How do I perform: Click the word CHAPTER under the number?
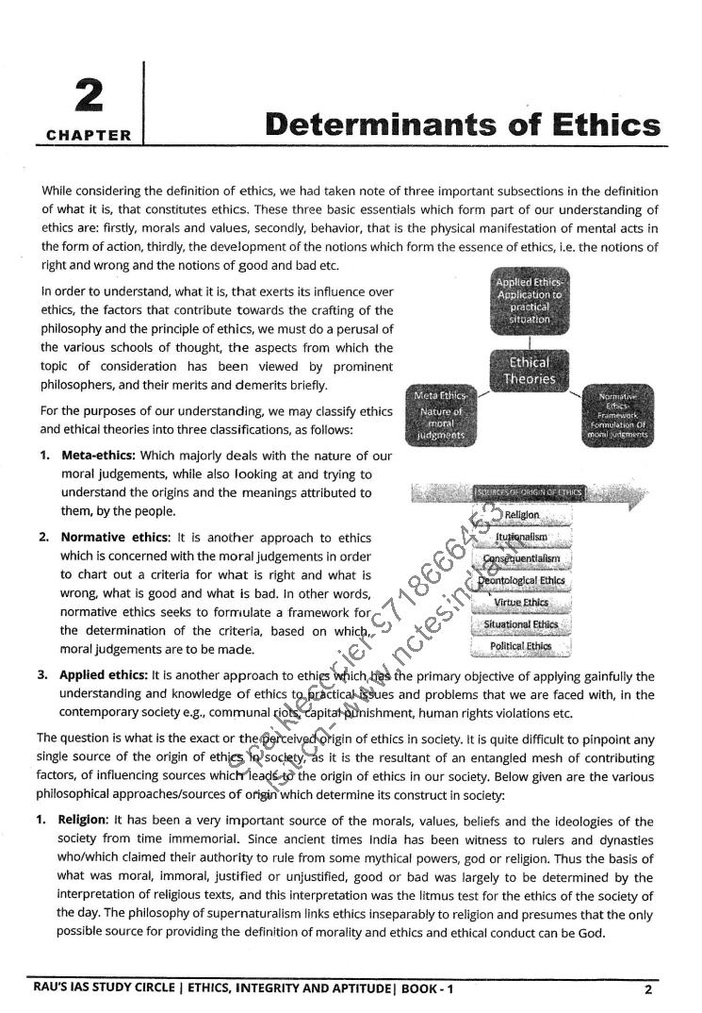pos(90,135)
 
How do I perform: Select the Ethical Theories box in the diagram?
pos(529,370)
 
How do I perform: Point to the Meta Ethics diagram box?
pos(434,416)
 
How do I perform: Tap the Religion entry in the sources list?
pos(522,515)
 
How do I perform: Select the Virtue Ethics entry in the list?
pos(521,602)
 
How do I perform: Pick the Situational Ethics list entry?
pos(521,623)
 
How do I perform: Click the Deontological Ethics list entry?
pos(521,580)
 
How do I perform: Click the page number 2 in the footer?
pos(648,989)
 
